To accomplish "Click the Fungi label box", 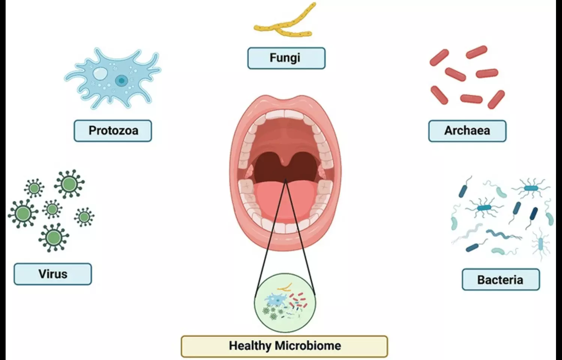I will pyautogui.click(x=286, y=58).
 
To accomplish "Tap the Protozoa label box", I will pyautogui.click(x=113, y=131).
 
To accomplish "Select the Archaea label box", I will pyautogui.click(x=467, y=131).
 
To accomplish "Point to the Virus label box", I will pyautogui.click(x=53, y=274).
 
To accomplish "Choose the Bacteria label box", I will pyautogui.click(x=501, y=280).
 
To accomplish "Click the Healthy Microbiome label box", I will pyautogui.click(x=284, y=346).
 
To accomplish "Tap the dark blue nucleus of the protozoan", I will pyautogui.click(x=121, y=80).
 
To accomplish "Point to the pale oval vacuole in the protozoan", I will pyautogui.click(x=100, y=73).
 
